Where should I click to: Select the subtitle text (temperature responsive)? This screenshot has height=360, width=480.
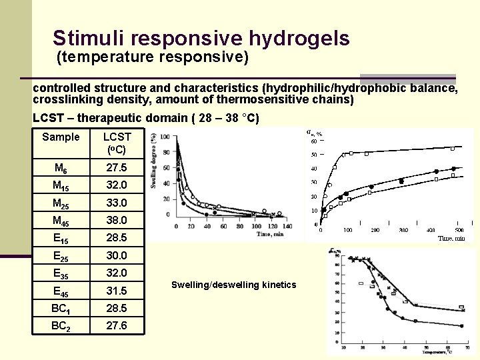tap(153, 57)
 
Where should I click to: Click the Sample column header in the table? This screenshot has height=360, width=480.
tap(61, 137)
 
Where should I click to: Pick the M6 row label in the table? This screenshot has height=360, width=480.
tap(61, 168)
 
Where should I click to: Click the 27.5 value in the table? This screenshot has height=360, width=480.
tap(116, 168)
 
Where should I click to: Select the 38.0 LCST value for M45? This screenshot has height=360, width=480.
tap(116, 220)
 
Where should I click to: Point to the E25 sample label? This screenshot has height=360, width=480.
tap(61, 255)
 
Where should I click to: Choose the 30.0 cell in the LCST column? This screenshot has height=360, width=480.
tap(116, 255)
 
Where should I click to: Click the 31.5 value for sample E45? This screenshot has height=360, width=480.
tap(116, 291)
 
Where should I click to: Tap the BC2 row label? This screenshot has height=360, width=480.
tap(61, 326)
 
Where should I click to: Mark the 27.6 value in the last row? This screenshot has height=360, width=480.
tap(116, 326)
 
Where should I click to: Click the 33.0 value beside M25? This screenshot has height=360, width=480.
tap(116, 203)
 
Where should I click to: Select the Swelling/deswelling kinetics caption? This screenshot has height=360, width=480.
tap(233, 285)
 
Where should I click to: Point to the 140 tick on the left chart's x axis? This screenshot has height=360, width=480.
tap(288, 226)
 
